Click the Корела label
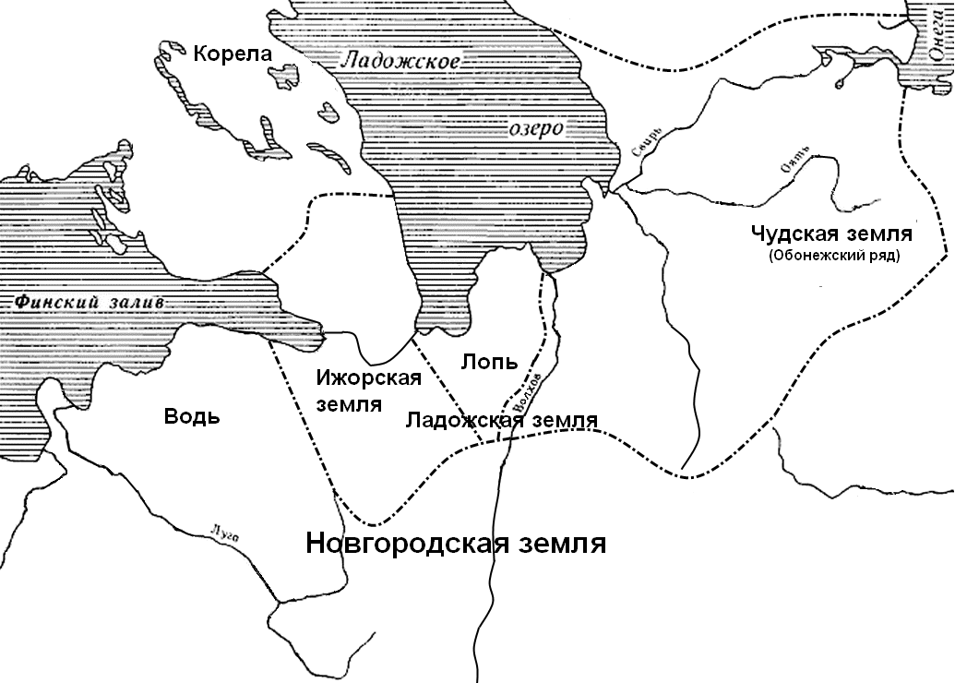tap(233, 54)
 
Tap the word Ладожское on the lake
tap(400, 62)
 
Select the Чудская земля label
tap(831, 234)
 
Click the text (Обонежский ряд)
tap(832, 256)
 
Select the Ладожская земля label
tap(502, 420)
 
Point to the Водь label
tap(192, 415)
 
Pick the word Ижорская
tap(368, 377)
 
